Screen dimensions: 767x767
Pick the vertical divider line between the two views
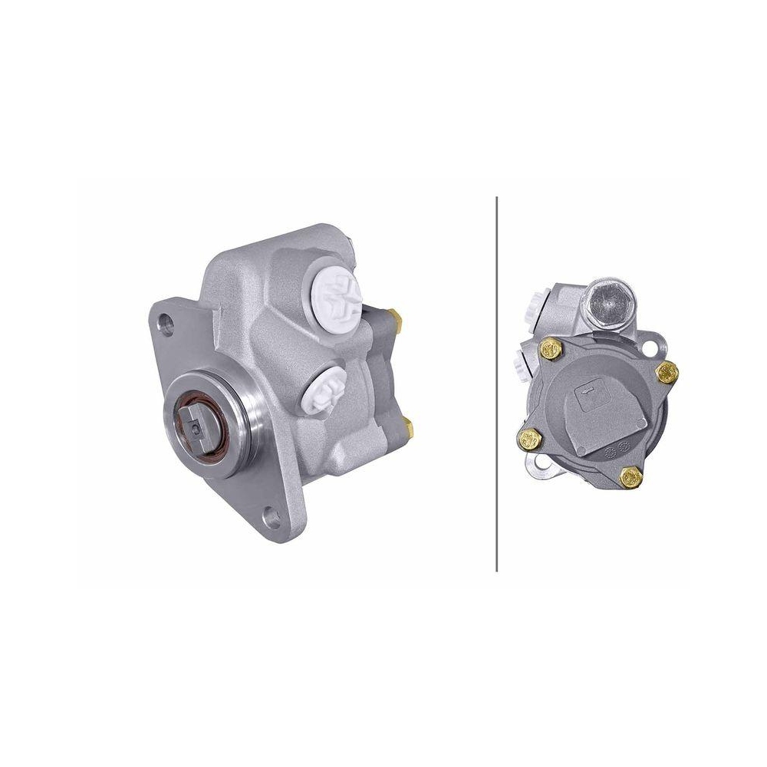point(497,383)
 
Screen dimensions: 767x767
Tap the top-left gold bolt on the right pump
point(550,350)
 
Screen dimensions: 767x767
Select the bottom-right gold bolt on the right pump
point(632,476)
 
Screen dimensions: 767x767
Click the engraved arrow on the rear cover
point(584,392)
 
